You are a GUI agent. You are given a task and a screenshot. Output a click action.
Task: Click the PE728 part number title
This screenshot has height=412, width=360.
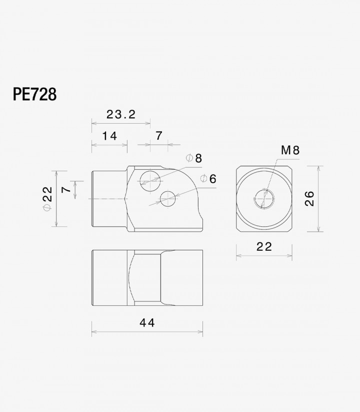tap(34, 95)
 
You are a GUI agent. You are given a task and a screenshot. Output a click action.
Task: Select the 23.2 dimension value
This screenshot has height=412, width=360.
tap(121, 115)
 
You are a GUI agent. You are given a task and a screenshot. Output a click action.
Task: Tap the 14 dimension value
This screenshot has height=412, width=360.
tap(109, 136)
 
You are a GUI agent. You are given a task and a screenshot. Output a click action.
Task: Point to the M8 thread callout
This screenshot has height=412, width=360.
tap(290, 150)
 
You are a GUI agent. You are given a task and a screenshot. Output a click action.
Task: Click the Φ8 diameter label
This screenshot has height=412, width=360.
tap(194, 158)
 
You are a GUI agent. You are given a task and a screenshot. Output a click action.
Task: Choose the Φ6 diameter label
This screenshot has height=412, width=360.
tap(208, 179)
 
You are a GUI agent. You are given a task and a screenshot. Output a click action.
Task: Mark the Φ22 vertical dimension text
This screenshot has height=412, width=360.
tap(47, 198)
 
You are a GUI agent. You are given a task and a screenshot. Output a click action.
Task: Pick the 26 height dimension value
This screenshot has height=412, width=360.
tap(309, 199)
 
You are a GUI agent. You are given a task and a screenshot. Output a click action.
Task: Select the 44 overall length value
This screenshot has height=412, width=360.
tap(147, 323)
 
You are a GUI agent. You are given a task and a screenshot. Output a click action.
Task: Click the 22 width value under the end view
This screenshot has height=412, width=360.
tap(264, 247)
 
